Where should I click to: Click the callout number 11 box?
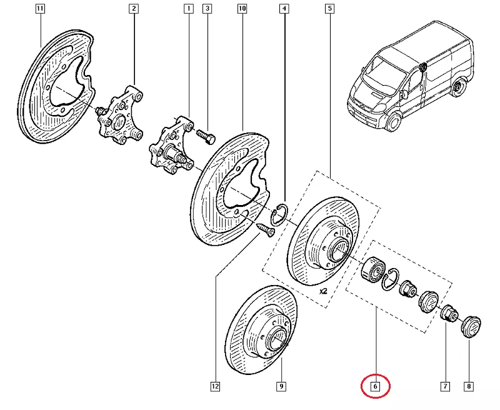pos(40,9)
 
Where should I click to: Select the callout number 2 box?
pos(134,9)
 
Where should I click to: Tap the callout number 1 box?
pos(187,9)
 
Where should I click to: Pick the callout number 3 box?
pos(207,9)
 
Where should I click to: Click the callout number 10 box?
pos(242,9)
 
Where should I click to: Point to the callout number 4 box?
pos(284,9)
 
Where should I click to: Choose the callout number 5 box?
pos(329,9)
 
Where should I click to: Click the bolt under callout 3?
pos(206,134)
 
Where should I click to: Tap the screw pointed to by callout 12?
pos(265,229)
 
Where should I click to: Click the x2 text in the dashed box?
pos(323,291)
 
